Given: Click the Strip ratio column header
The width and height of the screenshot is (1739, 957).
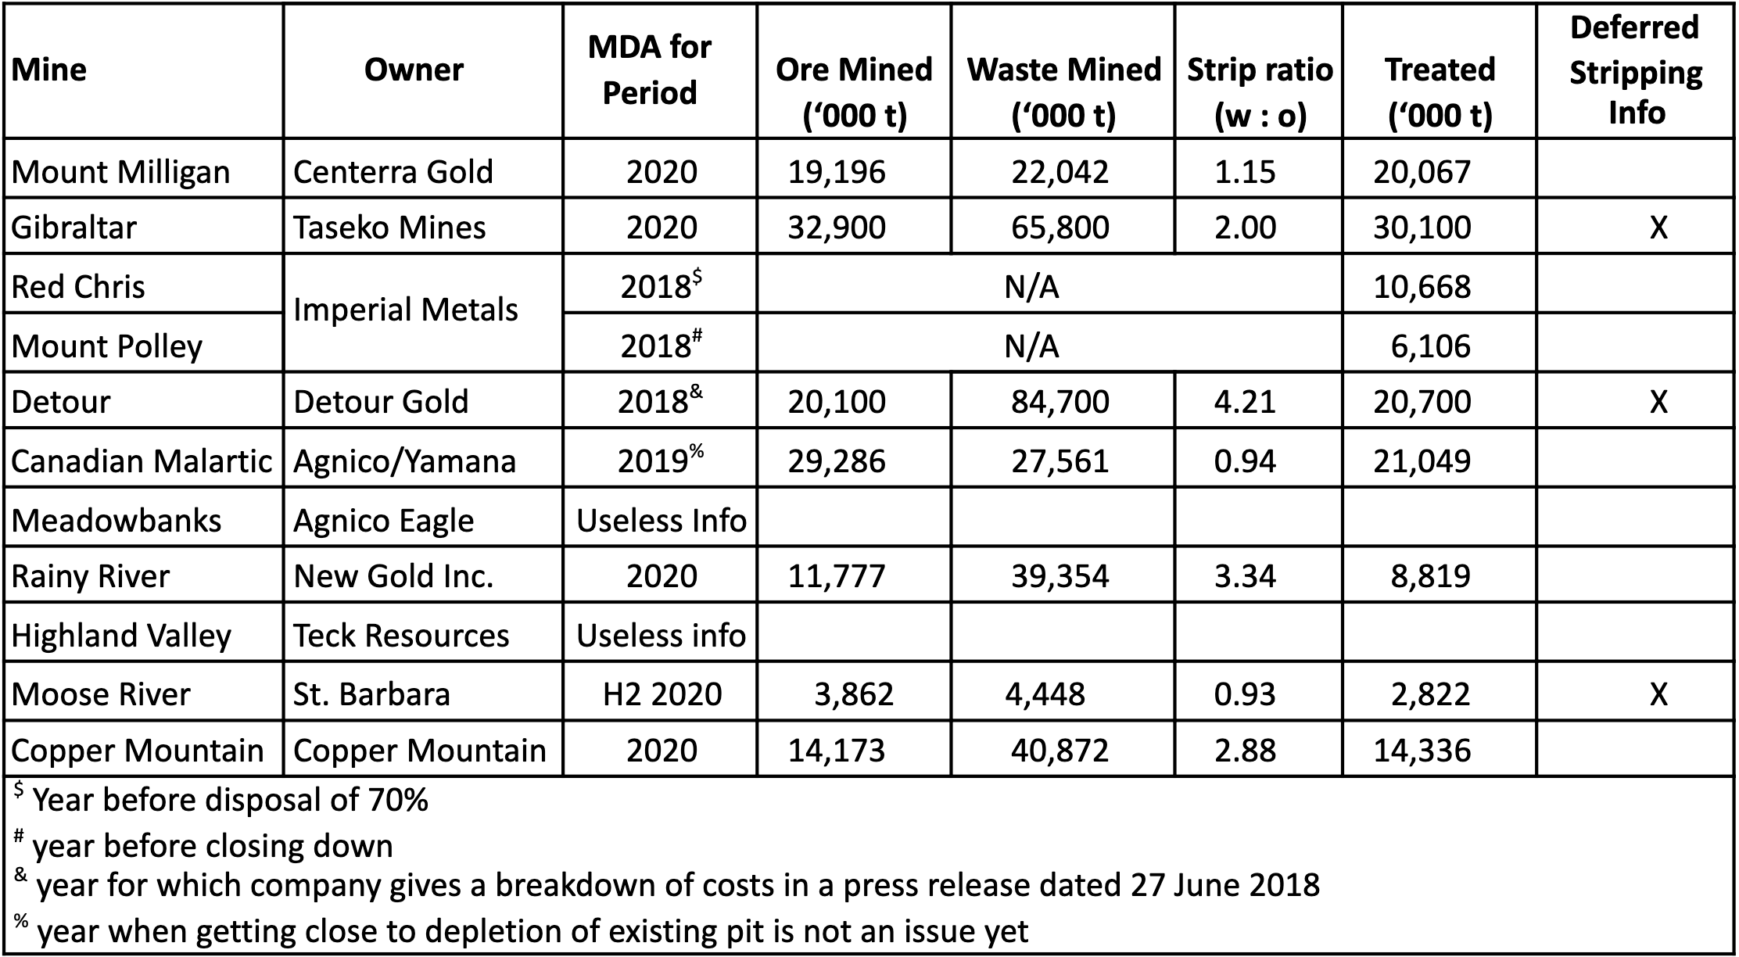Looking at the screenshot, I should (x=1259, y=92).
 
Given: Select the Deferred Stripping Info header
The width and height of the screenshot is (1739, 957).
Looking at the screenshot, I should (x=1635, y=70).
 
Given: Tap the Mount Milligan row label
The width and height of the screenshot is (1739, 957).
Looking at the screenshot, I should (x=120, y=172).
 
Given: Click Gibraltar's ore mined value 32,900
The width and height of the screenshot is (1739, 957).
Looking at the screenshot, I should (x=837, y=228).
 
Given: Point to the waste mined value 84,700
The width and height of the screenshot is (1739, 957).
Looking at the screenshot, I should (x=1060, y=402).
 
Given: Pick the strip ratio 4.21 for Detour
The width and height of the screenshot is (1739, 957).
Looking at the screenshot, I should (x=1245, y=402).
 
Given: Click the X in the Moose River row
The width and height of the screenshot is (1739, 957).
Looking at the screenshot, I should (x=1658, y=694).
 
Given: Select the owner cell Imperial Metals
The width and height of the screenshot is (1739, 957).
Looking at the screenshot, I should (x=405, y=310).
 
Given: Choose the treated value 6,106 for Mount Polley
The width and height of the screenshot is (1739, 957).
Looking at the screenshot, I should (x=1430, y=346).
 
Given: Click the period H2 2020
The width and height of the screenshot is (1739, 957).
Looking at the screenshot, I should (x=662, y=694).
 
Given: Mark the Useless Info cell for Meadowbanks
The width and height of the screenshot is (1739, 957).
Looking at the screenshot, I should (x=661, y=521).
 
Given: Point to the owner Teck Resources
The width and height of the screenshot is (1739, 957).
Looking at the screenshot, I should (x=400, y=636).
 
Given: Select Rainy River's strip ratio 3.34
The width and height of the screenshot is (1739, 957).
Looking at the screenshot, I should (x=1245, y=576).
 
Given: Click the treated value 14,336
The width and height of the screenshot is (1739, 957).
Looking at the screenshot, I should (x=1422, y=751).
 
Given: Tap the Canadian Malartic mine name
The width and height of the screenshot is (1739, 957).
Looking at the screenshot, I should (x=141, y=461).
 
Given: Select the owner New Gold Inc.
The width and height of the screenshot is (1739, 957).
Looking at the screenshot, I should (x=393, y=576).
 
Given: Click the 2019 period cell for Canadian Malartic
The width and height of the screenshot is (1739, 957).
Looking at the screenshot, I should (x=660, y=461).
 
